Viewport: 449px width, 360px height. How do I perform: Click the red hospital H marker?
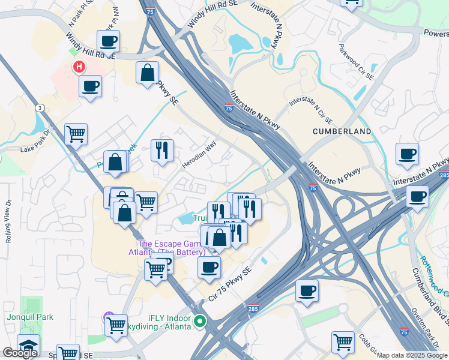tap(78, 67)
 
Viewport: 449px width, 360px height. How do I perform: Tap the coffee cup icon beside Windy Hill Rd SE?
tap(108, 41)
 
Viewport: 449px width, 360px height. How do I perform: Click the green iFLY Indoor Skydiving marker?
tap(200, 322)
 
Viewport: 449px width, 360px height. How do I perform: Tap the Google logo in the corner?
tap(20, 353)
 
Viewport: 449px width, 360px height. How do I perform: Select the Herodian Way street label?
tap(199, 155)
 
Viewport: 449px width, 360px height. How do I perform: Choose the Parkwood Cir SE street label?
tap(356, 62)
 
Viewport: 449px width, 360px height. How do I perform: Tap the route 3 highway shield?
tap(40, 107)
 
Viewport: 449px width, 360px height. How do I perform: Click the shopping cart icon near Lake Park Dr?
tap(76, 134)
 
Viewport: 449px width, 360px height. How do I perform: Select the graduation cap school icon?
tap(28, 345)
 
